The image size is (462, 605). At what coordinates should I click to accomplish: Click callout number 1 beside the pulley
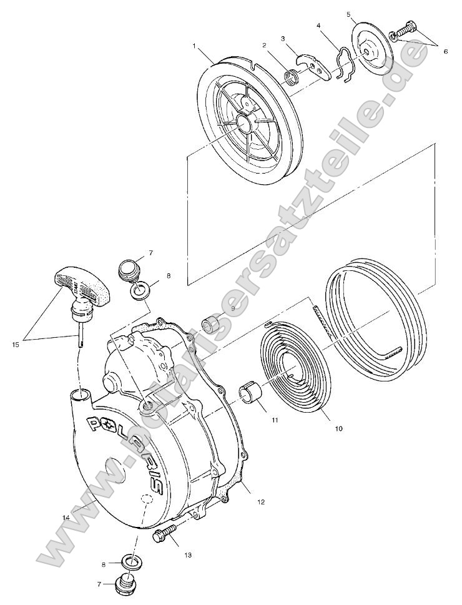coord(195,46)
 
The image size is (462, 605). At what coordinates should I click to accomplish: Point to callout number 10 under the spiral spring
coord(339,429)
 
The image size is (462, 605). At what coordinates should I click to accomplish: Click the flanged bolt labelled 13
coord(165,533)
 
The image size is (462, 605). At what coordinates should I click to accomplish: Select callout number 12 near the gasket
coord(261,501)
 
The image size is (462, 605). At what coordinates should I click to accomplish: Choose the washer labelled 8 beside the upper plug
coord(142,290)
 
